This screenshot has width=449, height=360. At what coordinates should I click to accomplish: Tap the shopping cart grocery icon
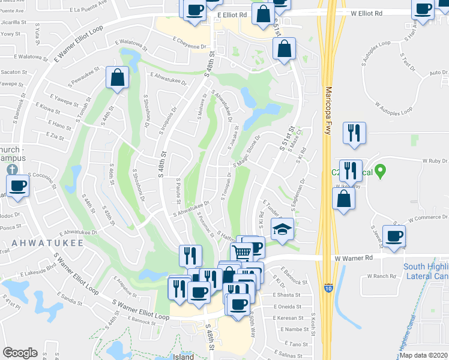click(x=241, y=252)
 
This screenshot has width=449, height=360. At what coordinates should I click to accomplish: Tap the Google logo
click(x=20, y=353)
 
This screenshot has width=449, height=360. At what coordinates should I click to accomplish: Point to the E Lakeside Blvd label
click(x=35, y=274)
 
